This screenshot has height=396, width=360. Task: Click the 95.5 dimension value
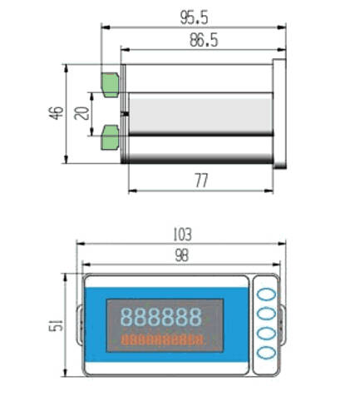pyautogui.click(x=194, y=17)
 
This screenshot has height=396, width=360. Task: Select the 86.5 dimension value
pyautogui.click(x=204, y=40)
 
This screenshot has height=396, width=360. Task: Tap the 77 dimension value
pyautogui.click(x=201, y=181)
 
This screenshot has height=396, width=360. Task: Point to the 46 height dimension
pyautogui.click(x=57, y=112)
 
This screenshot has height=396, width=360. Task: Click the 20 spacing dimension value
pyautogui.click(x=82, y=113)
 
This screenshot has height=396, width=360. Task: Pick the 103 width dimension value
pyautogui.click(x=182, y=235)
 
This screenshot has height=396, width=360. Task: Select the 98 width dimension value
pyautogui.click(x=182, y=255)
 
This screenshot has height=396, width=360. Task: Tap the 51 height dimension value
pyautogui.click(x=56, y=324)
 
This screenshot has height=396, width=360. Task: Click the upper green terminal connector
pyautogui.click(x=111, y=85)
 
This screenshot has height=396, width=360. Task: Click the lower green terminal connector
pyautogui.click(x=111, y=137)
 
